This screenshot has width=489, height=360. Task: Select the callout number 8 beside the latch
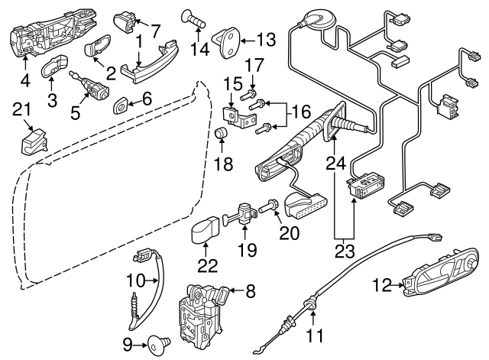click(251, 290)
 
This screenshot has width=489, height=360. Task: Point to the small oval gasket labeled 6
click(121, 102)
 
